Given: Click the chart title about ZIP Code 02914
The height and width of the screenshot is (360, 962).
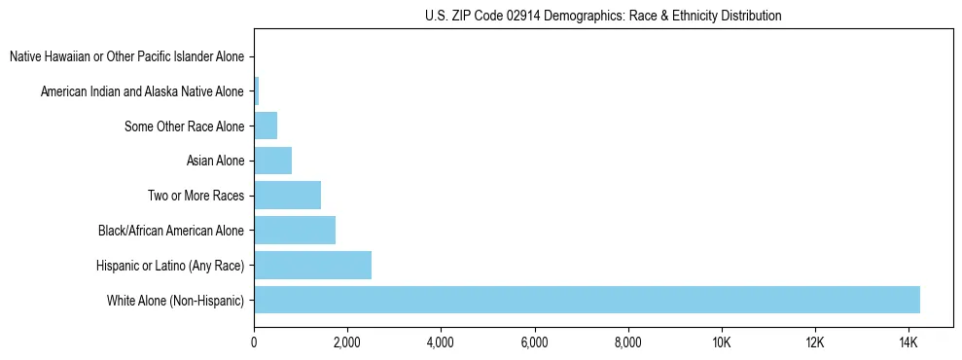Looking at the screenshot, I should coord(603,16).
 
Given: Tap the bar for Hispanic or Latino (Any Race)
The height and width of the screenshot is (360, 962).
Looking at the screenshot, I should coord(312,266).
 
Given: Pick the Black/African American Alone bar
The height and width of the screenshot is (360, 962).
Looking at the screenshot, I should coord(295,231).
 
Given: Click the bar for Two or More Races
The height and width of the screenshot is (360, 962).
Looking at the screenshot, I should coord(287,196).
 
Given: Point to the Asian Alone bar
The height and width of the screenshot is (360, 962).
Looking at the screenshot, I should coord(272,161).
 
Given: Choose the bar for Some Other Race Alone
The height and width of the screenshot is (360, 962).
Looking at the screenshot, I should coord(266,126).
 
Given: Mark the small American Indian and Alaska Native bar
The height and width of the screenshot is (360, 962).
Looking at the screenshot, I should coord(256,91).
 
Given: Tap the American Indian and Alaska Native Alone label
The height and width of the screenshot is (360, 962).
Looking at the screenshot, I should coord(142,91).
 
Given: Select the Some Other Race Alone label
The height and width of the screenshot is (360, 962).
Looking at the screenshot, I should coord(185,126).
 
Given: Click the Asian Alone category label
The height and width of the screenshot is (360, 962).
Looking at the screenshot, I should coord(215,161).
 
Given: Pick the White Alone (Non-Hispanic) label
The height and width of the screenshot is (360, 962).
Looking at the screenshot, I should coord(175,300).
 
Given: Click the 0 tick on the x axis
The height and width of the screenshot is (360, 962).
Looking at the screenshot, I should coord(254,342).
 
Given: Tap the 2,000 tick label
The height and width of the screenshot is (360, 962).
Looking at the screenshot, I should coord(347,342).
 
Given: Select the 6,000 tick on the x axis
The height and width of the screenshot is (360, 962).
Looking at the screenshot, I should coord(534,342).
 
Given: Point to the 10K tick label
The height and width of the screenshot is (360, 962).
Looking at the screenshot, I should coord(721,342).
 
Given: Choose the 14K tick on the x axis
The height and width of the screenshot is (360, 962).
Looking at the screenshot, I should coord(908,342).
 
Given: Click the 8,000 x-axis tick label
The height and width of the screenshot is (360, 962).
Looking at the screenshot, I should coord(627,342).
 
